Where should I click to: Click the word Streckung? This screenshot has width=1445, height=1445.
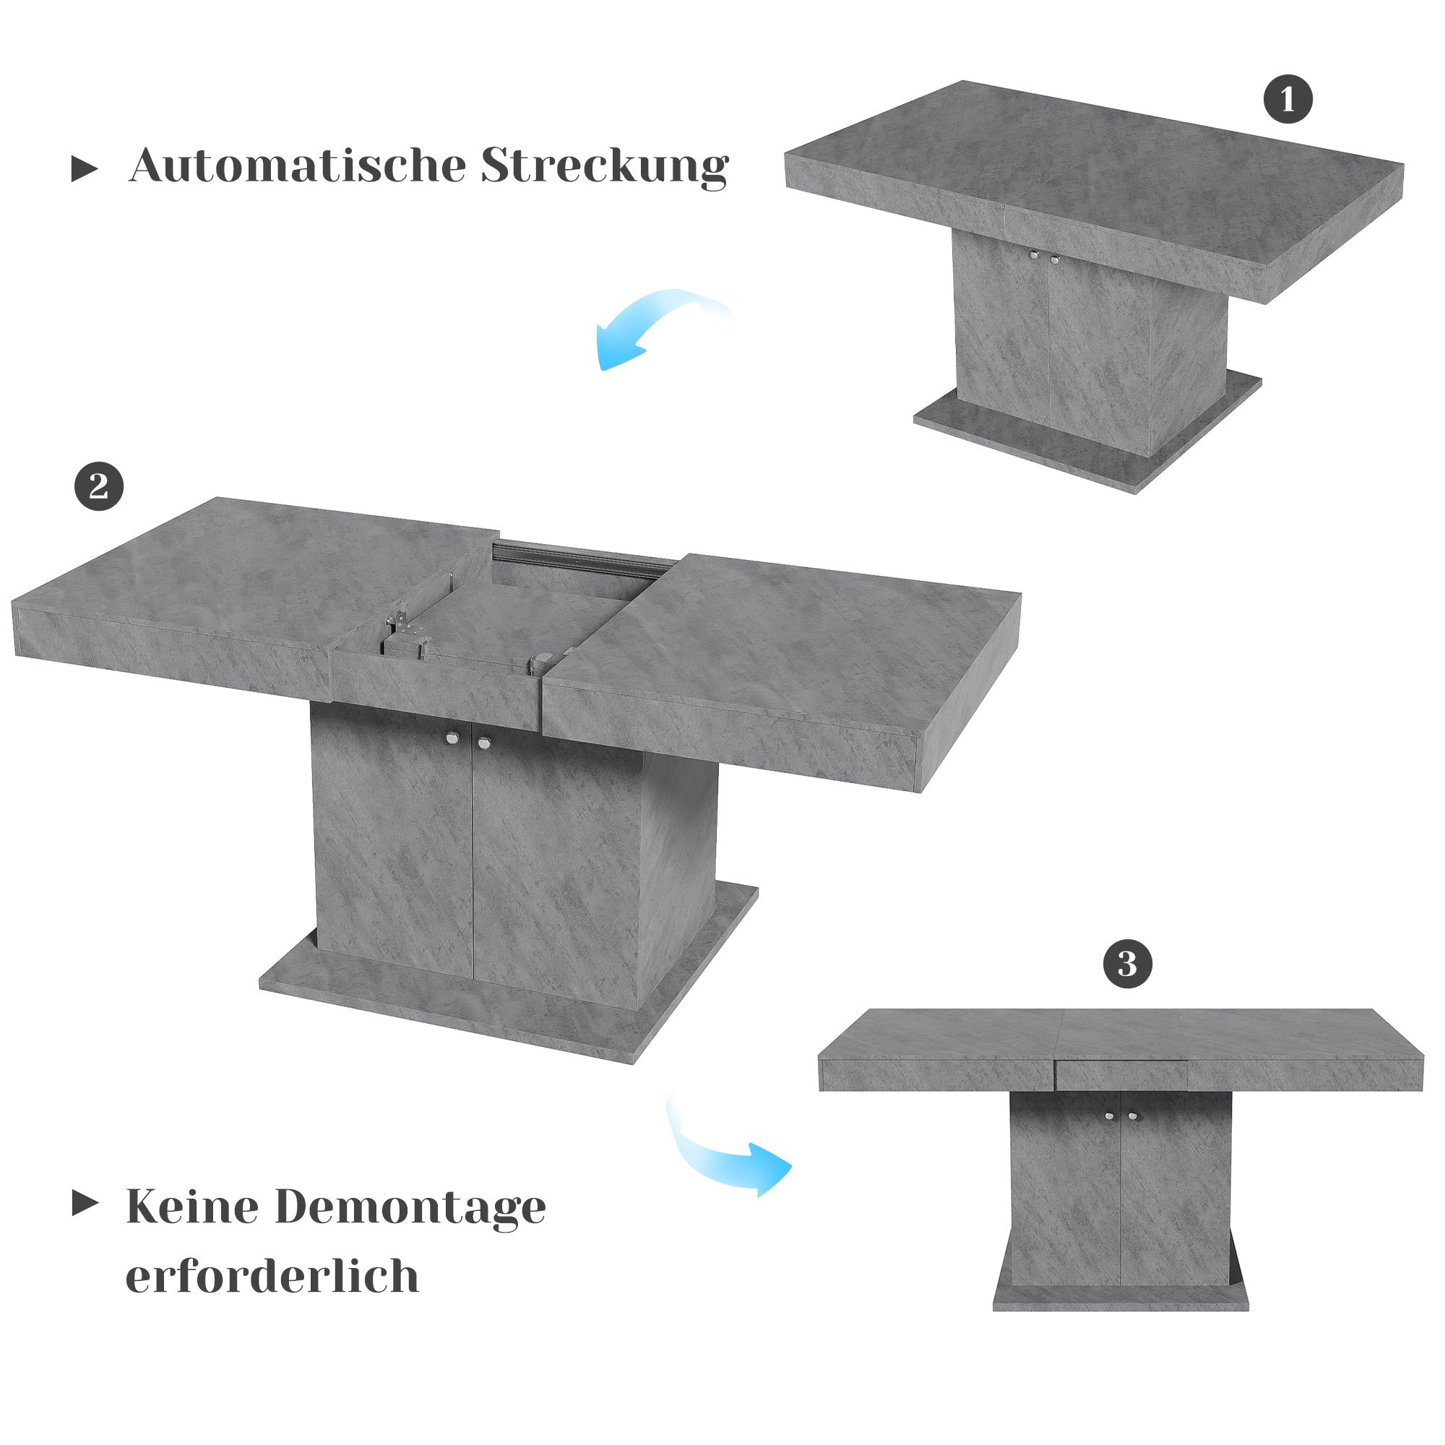click(604, 166)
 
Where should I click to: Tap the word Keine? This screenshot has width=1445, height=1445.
click(192, 1207)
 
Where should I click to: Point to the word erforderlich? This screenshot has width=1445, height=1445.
click(272, 1276)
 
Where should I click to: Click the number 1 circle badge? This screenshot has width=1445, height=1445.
click(1288, 99)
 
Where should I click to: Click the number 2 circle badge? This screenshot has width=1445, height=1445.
click(99, 487)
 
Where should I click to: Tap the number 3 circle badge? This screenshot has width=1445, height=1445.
click(1127, 964)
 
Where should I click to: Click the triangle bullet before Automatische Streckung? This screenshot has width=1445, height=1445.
click(84, 169)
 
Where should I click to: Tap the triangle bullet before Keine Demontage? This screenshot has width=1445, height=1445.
click(85, 1204)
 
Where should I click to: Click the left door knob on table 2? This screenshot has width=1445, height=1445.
click(452, 739)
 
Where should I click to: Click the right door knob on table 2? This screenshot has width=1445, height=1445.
click(484, 743)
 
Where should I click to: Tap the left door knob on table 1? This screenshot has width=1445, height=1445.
click(1035, 255)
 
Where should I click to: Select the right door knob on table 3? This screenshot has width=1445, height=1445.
click(1133, 1117)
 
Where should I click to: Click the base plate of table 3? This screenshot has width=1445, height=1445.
click(1121, 1298)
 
